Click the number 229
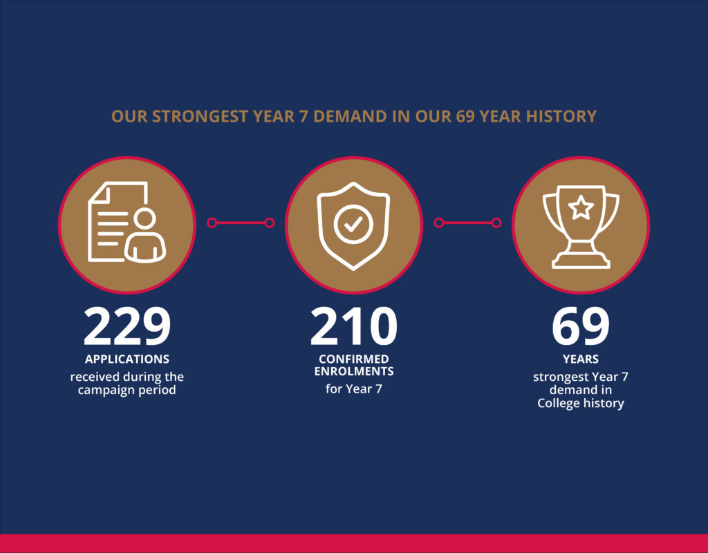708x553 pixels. [127, 326]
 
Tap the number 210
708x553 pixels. [353, 326]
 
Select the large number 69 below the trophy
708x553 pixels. [581, 326]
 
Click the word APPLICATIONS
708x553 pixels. [127, 359]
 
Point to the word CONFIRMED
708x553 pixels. [353, 359]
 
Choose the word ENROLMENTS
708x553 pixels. [353, 371]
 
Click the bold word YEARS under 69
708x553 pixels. [581, 359]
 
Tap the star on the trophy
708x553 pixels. [581, 208]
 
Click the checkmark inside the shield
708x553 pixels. [353, 223]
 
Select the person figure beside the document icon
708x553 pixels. [145, 236]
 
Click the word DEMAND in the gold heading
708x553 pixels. [350, 116]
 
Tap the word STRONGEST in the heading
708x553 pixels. [200, 116]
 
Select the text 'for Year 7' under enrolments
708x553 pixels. [353, 388]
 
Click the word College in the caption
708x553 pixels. [557, 403]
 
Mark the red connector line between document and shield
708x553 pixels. [241, 223]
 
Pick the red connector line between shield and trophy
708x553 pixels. [467, 223]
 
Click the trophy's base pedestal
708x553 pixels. [581, 261]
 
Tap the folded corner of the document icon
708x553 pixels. [99, 192]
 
